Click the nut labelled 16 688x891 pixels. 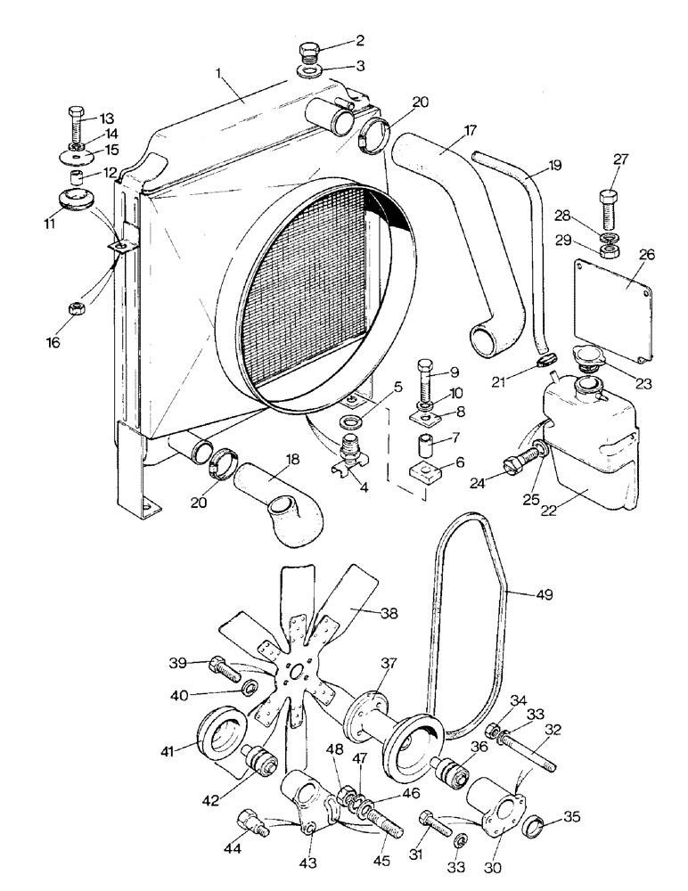point(77,308)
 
